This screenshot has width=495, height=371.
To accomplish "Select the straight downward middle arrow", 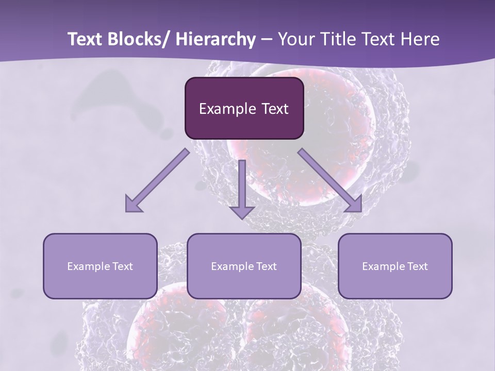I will (242, 185).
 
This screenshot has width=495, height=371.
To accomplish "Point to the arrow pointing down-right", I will (330, 180).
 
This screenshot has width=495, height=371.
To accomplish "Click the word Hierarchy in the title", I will (216, 39).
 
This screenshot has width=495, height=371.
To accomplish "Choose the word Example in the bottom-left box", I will (88, 266).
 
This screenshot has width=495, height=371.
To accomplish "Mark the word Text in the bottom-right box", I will (416, 266).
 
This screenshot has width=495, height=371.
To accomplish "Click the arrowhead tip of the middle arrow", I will (242, 218).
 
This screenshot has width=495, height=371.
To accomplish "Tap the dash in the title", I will (267, 39).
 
